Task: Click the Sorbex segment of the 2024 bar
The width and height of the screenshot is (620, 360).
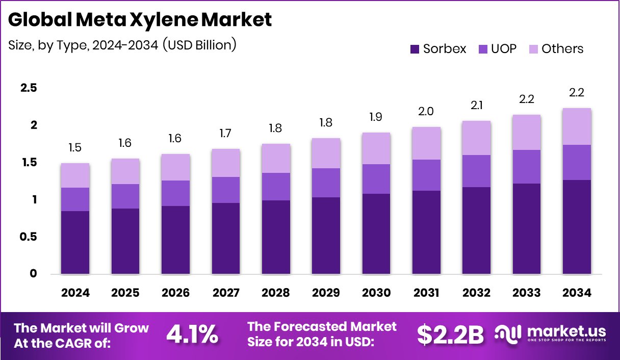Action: [x=75, y=242]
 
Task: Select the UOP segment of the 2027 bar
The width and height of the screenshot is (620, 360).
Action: [x=225, y=190]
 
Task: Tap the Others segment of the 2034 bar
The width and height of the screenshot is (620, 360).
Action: [x=577, y=126]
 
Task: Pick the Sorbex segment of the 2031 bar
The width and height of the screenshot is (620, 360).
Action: [x=426, y=232]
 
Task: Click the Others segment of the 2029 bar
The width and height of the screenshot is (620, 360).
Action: [x=325, y=153]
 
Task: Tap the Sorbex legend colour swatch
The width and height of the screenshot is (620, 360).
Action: [x=415, y=49]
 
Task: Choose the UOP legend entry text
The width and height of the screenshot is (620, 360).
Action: [x=504, y=49]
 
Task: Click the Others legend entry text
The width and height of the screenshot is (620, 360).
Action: [x=562, y=49]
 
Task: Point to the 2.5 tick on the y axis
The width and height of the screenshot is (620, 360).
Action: [x=28, y=88]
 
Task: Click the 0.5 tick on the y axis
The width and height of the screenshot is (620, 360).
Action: [x=28, y=237]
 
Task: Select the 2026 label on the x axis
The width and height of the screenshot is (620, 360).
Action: [x=175, y=293]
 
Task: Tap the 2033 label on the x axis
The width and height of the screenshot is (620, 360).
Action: [x=526, y=293]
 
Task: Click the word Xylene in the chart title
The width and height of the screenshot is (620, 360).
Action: [x=165, y=20]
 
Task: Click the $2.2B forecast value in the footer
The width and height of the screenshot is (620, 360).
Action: [x=450, y=335]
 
